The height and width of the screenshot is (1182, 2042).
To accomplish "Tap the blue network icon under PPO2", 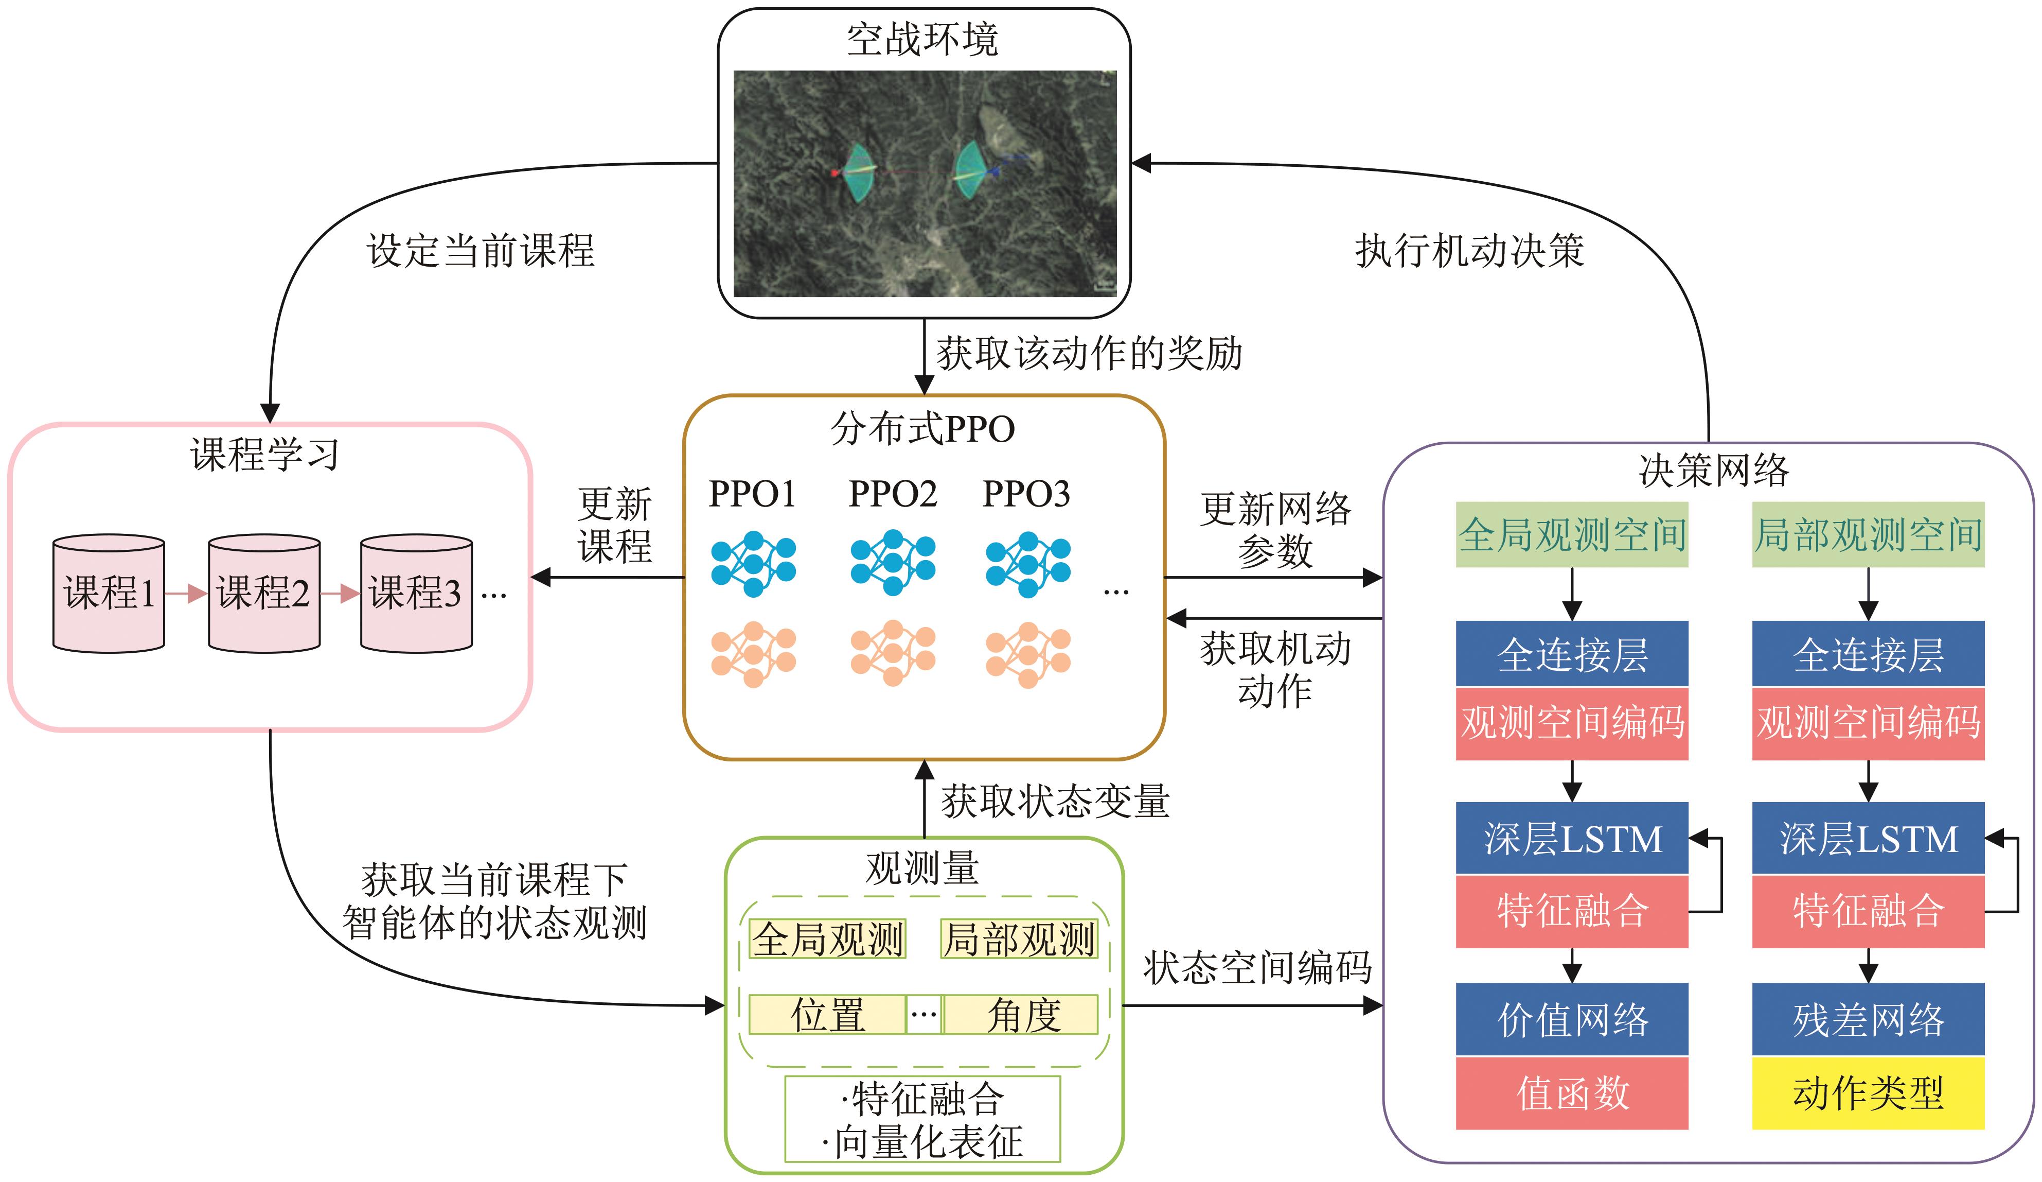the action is tap(893, 563).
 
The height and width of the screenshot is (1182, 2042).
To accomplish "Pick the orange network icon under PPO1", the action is tap(754, 654).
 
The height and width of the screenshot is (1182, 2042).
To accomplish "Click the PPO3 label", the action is tap(1026, 494).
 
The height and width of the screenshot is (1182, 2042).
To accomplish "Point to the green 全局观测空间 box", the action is tap(1572, 534).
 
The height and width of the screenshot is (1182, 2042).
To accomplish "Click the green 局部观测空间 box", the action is tap(1869, 534).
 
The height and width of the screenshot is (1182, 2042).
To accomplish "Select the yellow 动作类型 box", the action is tap(1869, 1093).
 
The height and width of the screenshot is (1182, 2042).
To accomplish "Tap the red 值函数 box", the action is tap(1572, 1093).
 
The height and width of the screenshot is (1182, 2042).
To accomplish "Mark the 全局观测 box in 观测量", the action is tap(827, 939).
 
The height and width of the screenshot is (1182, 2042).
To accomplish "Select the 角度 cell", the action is tap(1021, 1014).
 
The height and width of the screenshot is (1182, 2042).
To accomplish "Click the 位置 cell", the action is tap(827, 1014).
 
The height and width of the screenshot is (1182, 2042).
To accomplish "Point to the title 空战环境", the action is tap(923, 39).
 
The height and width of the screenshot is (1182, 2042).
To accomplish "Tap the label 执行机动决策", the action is tap(1470, 251).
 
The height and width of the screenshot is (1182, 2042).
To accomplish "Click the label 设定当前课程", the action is tap(482, 251).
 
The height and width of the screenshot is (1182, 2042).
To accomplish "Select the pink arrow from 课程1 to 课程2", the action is tap(186, 594).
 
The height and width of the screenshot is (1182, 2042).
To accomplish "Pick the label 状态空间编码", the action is tap(1257, 967).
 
